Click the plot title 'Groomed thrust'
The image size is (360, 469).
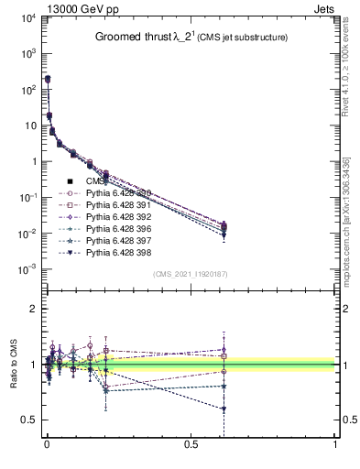coord(161,38)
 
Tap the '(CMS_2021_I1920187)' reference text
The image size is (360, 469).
coord(190,274)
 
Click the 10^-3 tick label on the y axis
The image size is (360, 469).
coord(25,269)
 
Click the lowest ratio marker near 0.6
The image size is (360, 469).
coord(223,409)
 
